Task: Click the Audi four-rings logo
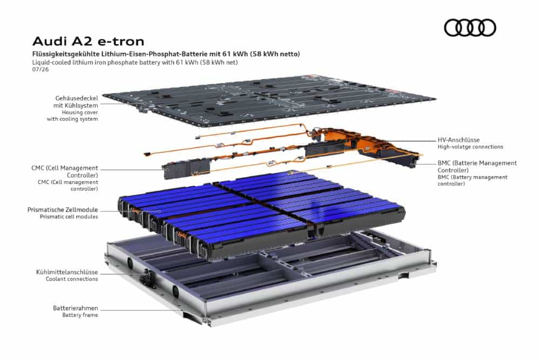click(470, 28)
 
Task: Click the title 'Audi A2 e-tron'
click(88, 42)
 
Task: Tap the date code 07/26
click(40, 69)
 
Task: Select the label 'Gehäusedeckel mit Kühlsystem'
click(76, 102)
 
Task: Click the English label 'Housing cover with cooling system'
click(72, 116)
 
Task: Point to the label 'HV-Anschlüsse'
click(458, 140)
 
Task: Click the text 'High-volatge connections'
click(470, 147)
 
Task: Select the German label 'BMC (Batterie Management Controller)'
click(477, 166)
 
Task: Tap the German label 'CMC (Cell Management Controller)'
click(65, 172)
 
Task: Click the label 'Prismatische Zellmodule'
click(63, 209)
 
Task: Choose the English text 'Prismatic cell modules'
click(69, 216)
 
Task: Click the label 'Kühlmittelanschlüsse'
click(67, 272)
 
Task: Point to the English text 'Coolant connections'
click(72, 279)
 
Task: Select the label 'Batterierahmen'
click(76, 308)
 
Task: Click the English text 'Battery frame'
click(80, 315)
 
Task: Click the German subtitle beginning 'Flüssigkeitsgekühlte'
click(166, 53)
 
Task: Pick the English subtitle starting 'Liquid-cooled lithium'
click(135, 62)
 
